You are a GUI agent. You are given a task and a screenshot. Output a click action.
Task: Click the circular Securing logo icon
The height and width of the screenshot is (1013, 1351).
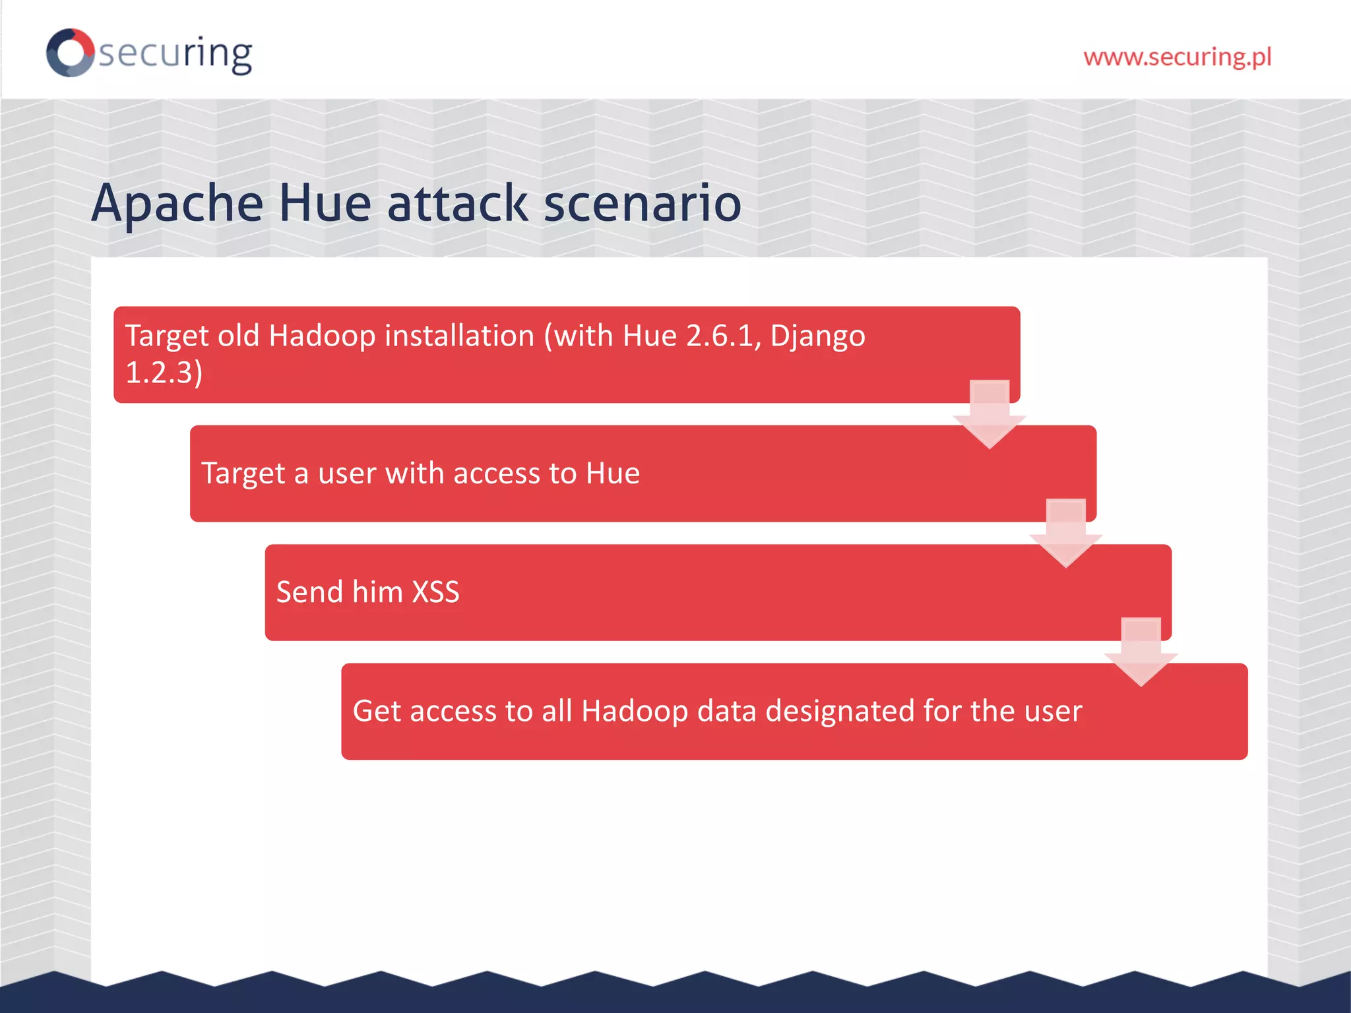tap(70, 52)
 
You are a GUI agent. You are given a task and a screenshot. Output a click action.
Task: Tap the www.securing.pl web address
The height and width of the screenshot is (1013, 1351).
tap(1177, 57)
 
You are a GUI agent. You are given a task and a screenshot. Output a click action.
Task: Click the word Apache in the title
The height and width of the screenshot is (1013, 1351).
tap(177, 203)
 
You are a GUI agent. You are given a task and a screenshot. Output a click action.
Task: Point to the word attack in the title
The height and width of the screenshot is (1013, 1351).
tap(457, 203)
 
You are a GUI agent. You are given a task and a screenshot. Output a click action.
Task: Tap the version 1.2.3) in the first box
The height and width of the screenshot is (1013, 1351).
tap(164, 373)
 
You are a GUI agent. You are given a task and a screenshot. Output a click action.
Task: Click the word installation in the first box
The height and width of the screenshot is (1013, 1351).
tap(459, 336)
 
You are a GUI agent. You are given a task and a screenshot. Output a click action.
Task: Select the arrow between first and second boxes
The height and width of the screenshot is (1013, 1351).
tap(990, 414)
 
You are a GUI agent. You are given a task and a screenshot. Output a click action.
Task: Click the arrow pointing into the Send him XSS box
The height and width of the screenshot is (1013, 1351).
tap(1066, 533)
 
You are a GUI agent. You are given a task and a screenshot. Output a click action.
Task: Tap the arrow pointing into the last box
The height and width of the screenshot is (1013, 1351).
tap(1141, 652)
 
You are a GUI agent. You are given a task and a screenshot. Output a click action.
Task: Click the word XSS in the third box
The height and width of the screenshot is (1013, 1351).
tap(435, 592)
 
